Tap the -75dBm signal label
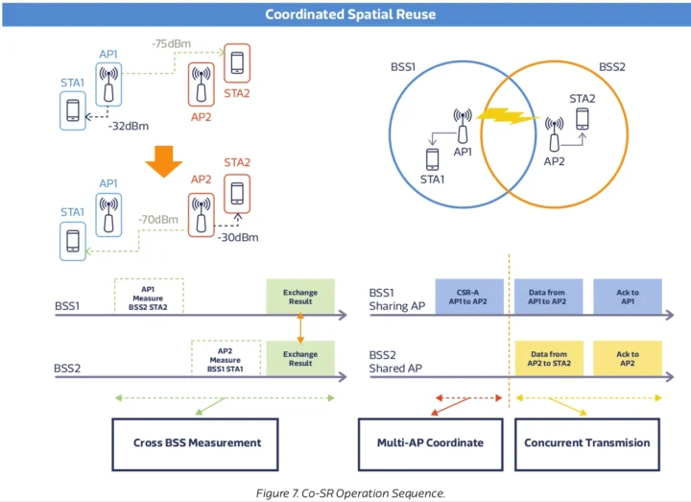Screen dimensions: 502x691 [171, 44]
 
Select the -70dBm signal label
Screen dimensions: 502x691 [157, 220]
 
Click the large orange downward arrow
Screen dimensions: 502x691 [164, 166]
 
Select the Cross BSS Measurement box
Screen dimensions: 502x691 [196, 442]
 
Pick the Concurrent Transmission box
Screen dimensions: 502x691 [587, 442]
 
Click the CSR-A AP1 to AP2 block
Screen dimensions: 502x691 [468, 297]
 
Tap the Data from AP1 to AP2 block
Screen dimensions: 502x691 [548, 297]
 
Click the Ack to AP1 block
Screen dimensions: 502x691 [628, 297]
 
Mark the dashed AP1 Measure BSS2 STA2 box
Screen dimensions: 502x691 [148, 297]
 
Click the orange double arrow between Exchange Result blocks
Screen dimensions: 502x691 [300, 326]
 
